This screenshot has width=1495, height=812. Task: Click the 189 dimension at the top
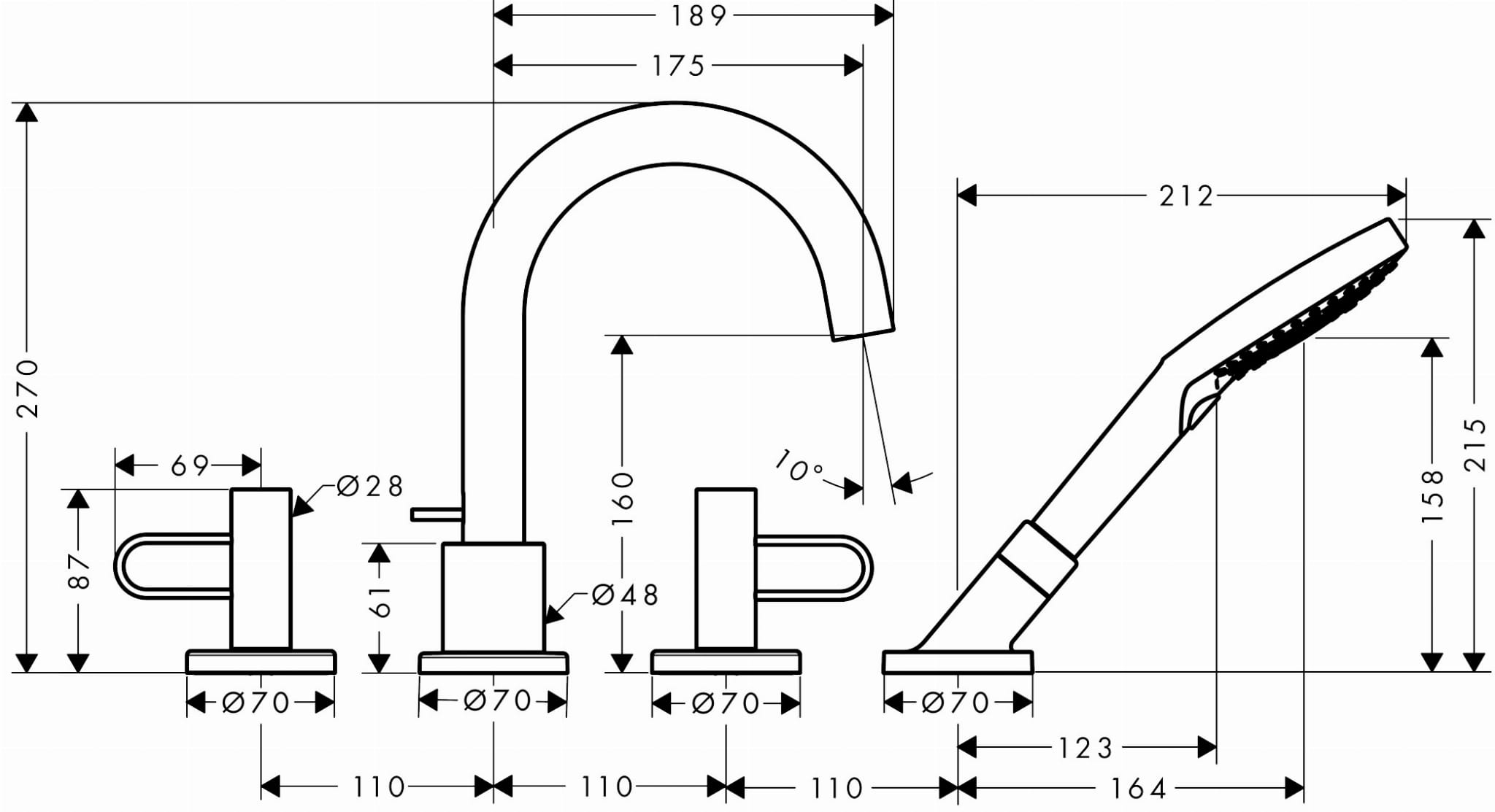tap(698, 16)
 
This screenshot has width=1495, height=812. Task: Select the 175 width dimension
tap(678, 66)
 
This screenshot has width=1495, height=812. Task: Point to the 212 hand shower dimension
tap(1186, 196)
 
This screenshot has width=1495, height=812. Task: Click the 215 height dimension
tap(1475, 444)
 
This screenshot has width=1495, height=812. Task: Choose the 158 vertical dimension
tap(1433, 496)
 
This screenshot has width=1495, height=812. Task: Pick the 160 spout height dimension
tap(623, 498)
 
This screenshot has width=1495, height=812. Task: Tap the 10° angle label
tap(799, 466)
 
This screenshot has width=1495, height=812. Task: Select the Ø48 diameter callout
tap(625, 595)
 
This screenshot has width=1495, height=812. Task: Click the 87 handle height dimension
tap(78, 571)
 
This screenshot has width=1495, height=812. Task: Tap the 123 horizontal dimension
tap(1085, 748)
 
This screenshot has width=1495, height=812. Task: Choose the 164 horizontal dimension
tap(1139, 788)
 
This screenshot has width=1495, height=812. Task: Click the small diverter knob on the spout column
tap(437, 514)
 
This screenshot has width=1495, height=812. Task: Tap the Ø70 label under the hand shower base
tap(956, 703)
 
